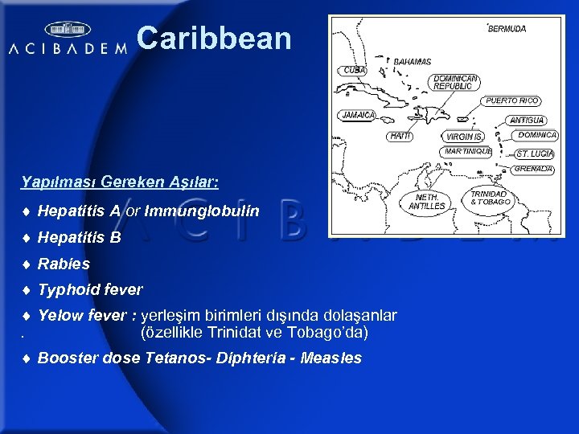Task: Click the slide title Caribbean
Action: click(214, 38)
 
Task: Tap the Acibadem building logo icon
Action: click(68, 30)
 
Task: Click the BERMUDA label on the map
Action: click(507, 28)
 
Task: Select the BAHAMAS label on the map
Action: click(412, 61)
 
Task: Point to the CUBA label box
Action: click(355, 70)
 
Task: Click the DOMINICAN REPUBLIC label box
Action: click(455, 82)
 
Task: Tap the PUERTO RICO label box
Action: click(512, 101)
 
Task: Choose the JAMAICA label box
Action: click(358, 115)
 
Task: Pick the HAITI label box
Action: click(400, 137)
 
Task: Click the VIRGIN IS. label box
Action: click(465, 137)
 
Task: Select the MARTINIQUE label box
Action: click(468, 151)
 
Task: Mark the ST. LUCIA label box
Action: click(535, 153)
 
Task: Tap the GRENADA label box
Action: click(533, 169)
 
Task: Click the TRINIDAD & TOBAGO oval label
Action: click(490, 198)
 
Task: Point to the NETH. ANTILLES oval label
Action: click(426, 202)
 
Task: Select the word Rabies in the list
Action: click(64, 264)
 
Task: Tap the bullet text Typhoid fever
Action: click(90, 289)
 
